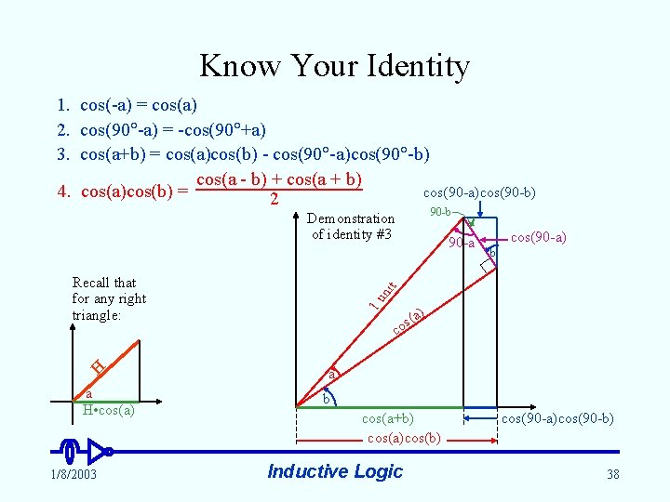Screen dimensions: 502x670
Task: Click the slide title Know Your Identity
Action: (334, 66)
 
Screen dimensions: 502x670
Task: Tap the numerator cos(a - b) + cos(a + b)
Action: (278, 179)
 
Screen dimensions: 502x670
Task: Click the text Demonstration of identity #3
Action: (351, 227)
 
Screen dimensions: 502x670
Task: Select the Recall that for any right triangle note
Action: (109, 298)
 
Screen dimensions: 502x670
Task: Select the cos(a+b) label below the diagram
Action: (387, 419)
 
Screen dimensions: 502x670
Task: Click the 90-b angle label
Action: (441, 212)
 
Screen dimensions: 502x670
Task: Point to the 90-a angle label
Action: (460, 244)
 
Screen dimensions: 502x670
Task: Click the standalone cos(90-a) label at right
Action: (538, 238)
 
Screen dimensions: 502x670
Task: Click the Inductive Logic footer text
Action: (335, 471)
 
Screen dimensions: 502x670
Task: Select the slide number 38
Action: (612, 474)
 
